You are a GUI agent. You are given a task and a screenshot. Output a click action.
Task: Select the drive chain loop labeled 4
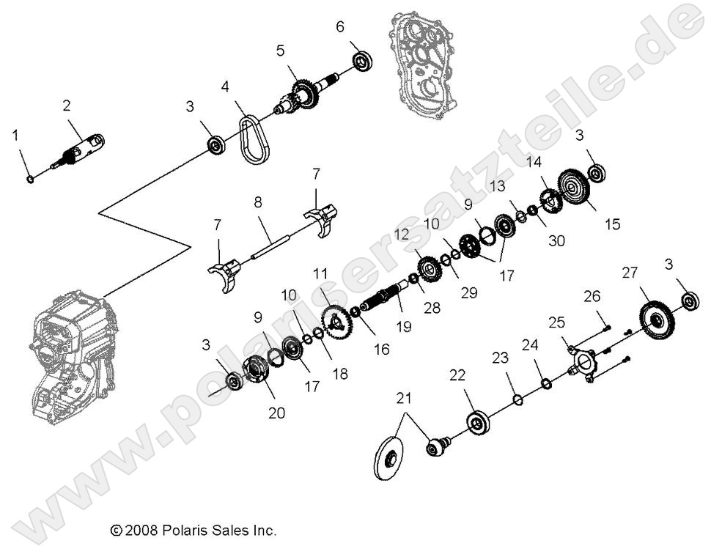pos(250,139)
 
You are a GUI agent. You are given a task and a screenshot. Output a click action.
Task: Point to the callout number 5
pos(280,51)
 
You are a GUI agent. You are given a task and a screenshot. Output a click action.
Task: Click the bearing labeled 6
pos(361,61)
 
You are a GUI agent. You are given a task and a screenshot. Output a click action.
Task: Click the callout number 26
pos(592,296)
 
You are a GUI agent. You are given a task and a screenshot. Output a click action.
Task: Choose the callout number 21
pos(404,399)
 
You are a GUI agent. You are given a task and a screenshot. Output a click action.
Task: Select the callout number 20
pos(276,413)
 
